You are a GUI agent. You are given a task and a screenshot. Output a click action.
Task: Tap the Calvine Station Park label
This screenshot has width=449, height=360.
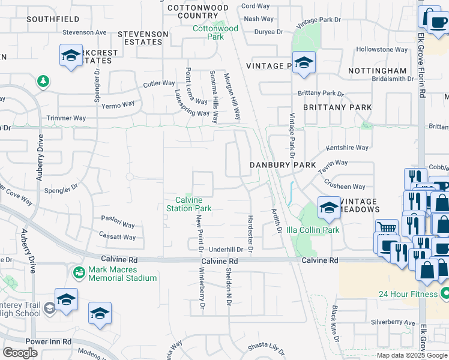coord(193,204)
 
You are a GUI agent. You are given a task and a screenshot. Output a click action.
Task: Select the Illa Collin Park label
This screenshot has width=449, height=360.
coord(313,230)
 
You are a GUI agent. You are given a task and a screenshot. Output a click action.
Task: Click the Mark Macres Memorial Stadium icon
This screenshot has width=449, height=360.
coord(79,273)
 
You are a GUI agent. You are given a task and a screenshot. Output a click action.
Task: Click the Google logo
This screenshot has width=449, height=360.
coord(20,353)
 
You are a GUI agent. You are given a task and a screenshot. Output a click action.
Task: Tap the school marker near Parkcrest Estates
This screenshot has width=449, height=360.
coord(71,56)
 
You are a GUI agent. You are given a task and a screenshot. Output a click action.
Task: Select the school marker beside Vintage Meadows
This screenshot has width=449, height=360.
coord(328,208)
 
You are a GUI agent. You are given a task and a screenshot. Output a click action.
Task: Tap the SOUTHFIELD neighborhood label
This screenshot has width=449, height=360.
coord(52,19)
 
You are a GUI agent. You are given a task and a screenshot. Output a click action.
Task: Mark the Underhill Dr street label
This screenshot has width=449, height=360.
coord(225,249)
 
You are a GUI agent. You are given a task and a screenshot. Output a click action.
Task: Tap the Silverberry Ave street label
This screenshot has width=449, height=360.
coord(393,323)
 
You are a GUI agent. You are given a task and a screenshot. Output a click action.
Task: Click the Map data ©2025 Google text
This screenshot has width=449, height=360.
coord(412,355)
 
